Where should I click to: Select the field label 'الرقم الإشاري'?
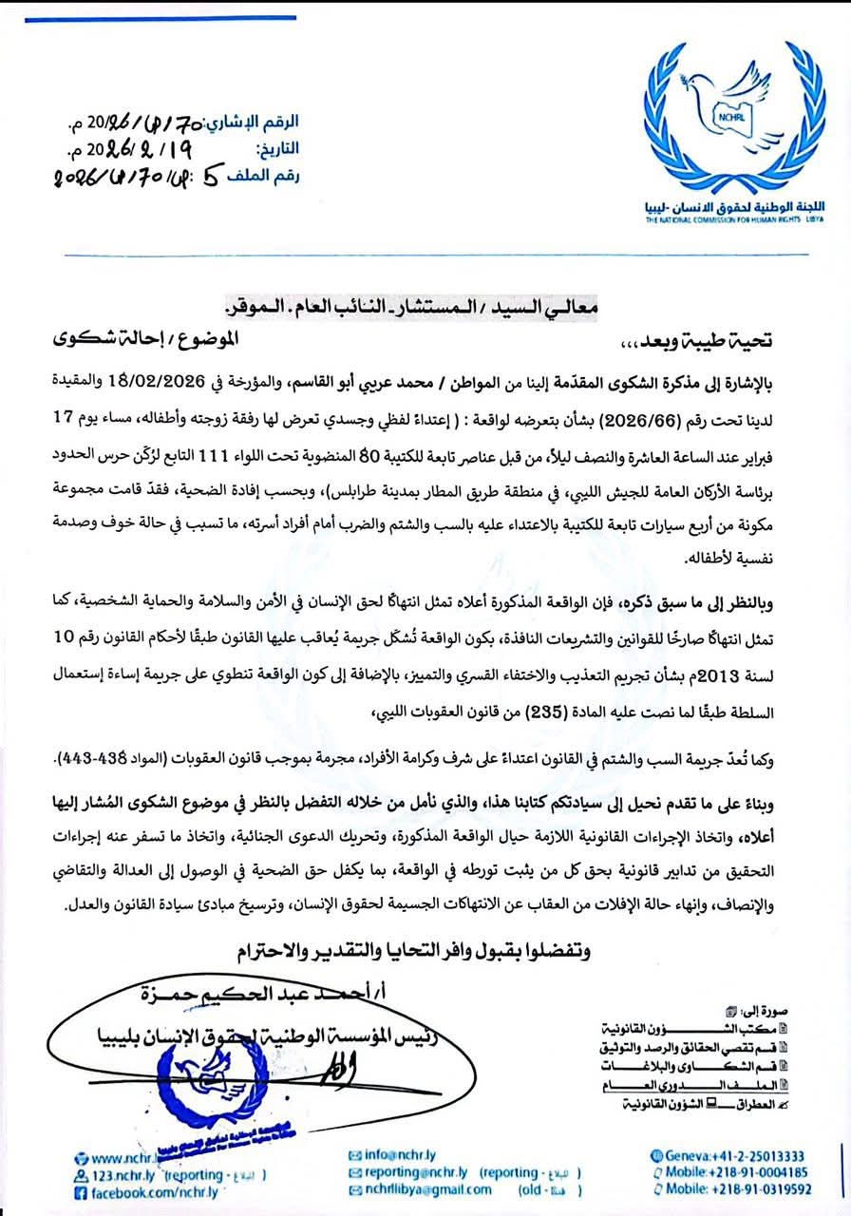tap(261, 123)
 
